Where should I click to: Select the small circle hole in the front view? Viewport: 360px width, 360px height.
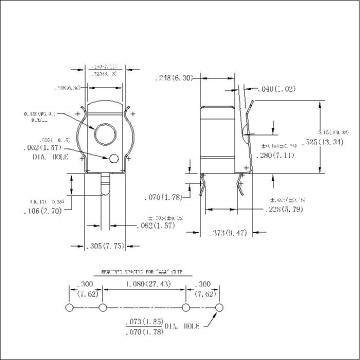pyautogui.click(x=115, y=158)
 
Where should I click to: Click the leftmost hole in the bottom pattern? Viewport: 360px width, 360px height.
pyautogui.click(x=69, y=309)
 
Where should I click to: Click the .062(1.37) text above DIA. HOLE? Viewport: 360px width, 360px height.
pyautogui.click(x=36, y=149)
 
